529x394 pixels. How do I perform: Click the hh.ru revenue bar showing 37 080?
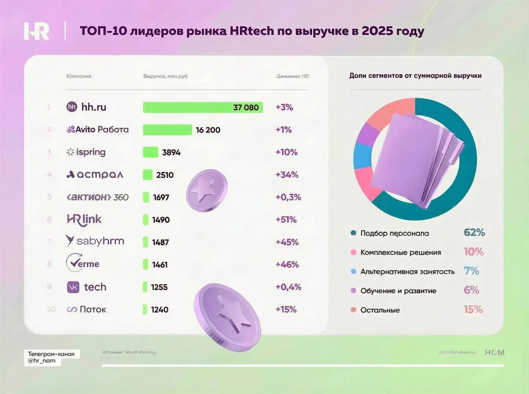[203, 107]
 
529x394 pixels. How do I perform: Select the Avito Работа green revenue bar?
[167, 130]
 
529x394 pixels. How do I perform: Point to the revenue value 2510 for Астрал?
[165, 175]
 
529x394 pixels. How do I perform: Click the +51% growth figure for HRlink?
[286, 219]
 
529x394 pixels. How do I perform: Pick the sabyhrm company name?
[100, 241]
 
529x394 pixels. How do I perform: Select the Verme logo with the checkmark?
[83, 263]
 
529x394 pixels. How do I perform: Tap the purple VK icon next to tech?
[73, 287]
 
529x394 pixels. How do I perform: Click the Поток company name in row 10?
[93, 309]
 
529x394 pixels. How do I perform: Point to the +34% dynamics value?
[287, 175]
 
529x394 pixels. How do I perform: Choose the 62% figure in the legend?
[474, 233]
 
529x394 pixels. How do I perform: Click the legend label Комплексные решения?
[400, 252]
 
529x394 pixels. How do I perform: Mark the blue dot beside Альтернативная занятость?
[353, 271]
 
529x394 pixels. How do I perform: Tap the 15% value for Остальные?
[473, 309]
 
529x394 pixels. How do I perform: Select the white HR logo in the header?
[36, 31]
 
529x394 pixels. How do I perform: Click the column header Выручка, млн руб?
[165, 76]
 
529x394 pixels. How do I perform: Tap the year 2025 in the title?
[377, 31]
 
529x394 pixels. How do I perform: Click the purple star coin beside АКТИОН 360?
[206, 191]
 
